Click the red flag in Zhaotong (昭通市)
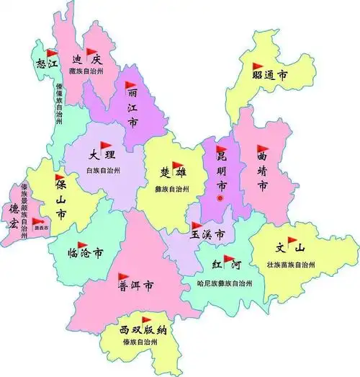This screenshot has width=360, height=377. (258, 67)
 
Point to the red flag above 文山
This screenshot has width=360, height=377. (293, 239)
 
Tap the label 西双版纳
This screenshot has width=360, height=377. (143, 330)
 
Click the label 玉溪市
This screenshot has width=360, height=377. (207, 235)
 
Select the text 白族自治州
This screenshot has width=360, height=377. (104, 171)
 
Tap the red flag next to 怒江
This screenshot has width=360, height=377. (51, 53)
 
